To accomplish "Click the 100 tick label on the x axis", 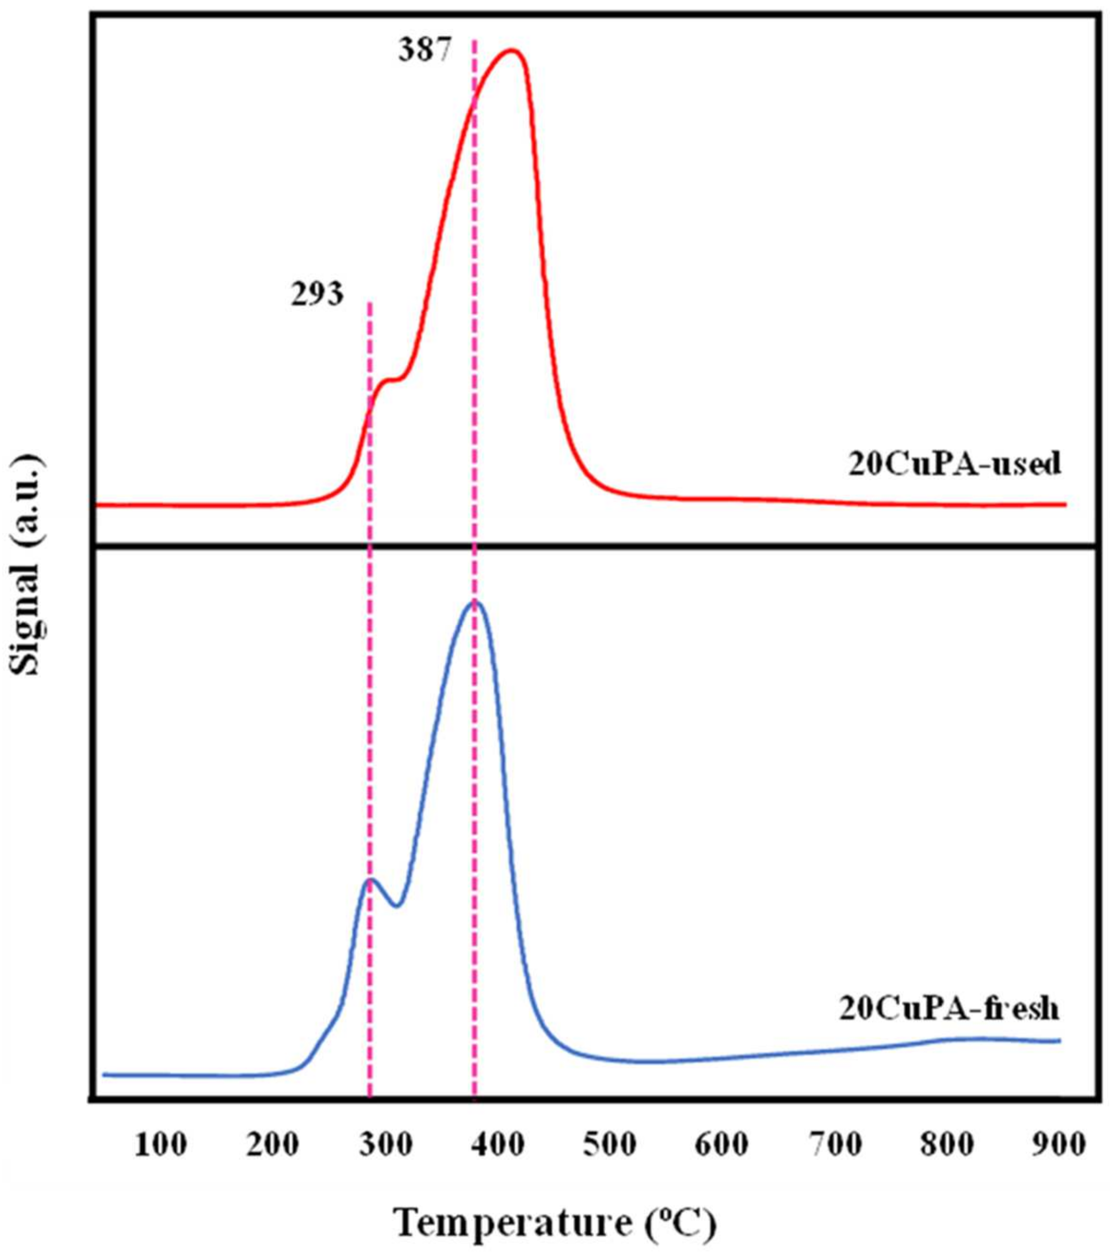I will click(160, 1145).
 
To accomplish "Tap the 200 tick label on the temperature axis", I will click(273, 1145).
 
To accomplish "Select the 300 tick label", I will click(385, 1145).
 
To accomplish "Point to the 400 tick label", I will click(498, 1145).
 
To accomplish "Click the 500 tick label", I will click(610, 1145).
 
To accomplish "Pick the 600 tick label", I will click(722, 1145).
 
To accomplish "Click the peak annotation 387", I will click(425, 51).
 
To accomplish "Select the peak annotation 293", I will click(317, 296).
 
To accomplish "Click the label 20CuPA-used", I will click(954, 464).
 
